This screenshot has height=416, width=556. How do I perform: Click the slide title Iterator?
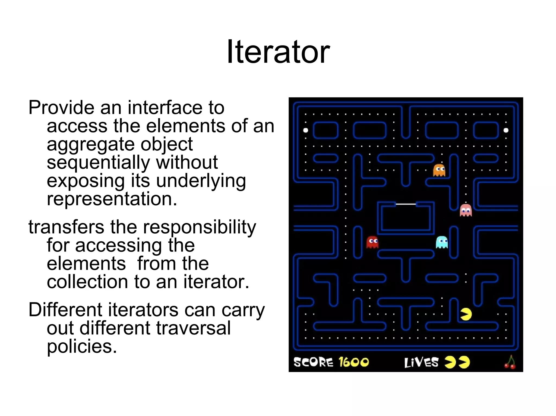click(278, 51)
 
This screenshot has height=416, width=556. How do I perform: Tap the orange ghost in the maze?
click(439, 170)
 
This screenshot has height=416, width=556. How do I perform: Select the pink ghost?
click(466, 210)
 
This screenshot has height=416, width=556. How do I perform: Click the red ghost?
click(372, 242)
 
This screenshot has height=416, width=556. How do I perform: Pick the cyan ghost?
click(442, 242)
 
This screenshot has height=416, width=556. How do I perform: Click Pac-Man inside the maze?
click(466, 314)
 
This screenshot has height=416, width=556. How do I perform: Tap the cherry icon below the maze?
click(510, 362)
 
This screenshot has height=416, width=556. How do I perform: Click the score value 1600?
click(354, 362)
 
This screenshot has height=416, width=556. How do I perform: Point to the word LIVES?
click(421, 362)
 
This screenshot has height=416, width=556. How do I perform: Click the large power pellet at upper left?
click(305, 130)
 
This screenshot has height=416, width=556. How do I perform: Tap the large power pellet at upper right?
click(506, 130)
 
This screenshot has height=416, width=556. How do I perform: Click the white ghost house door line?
click(406, 204)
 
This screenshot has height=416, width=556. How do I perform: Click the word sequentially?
click(98, 162)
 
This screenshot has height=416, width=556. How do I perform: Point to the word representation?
click(112, 199)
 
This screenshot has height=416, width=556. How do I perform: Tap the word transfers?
click(66, 227)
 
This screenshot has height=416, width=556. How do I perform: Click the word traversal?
click(193, 328)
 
